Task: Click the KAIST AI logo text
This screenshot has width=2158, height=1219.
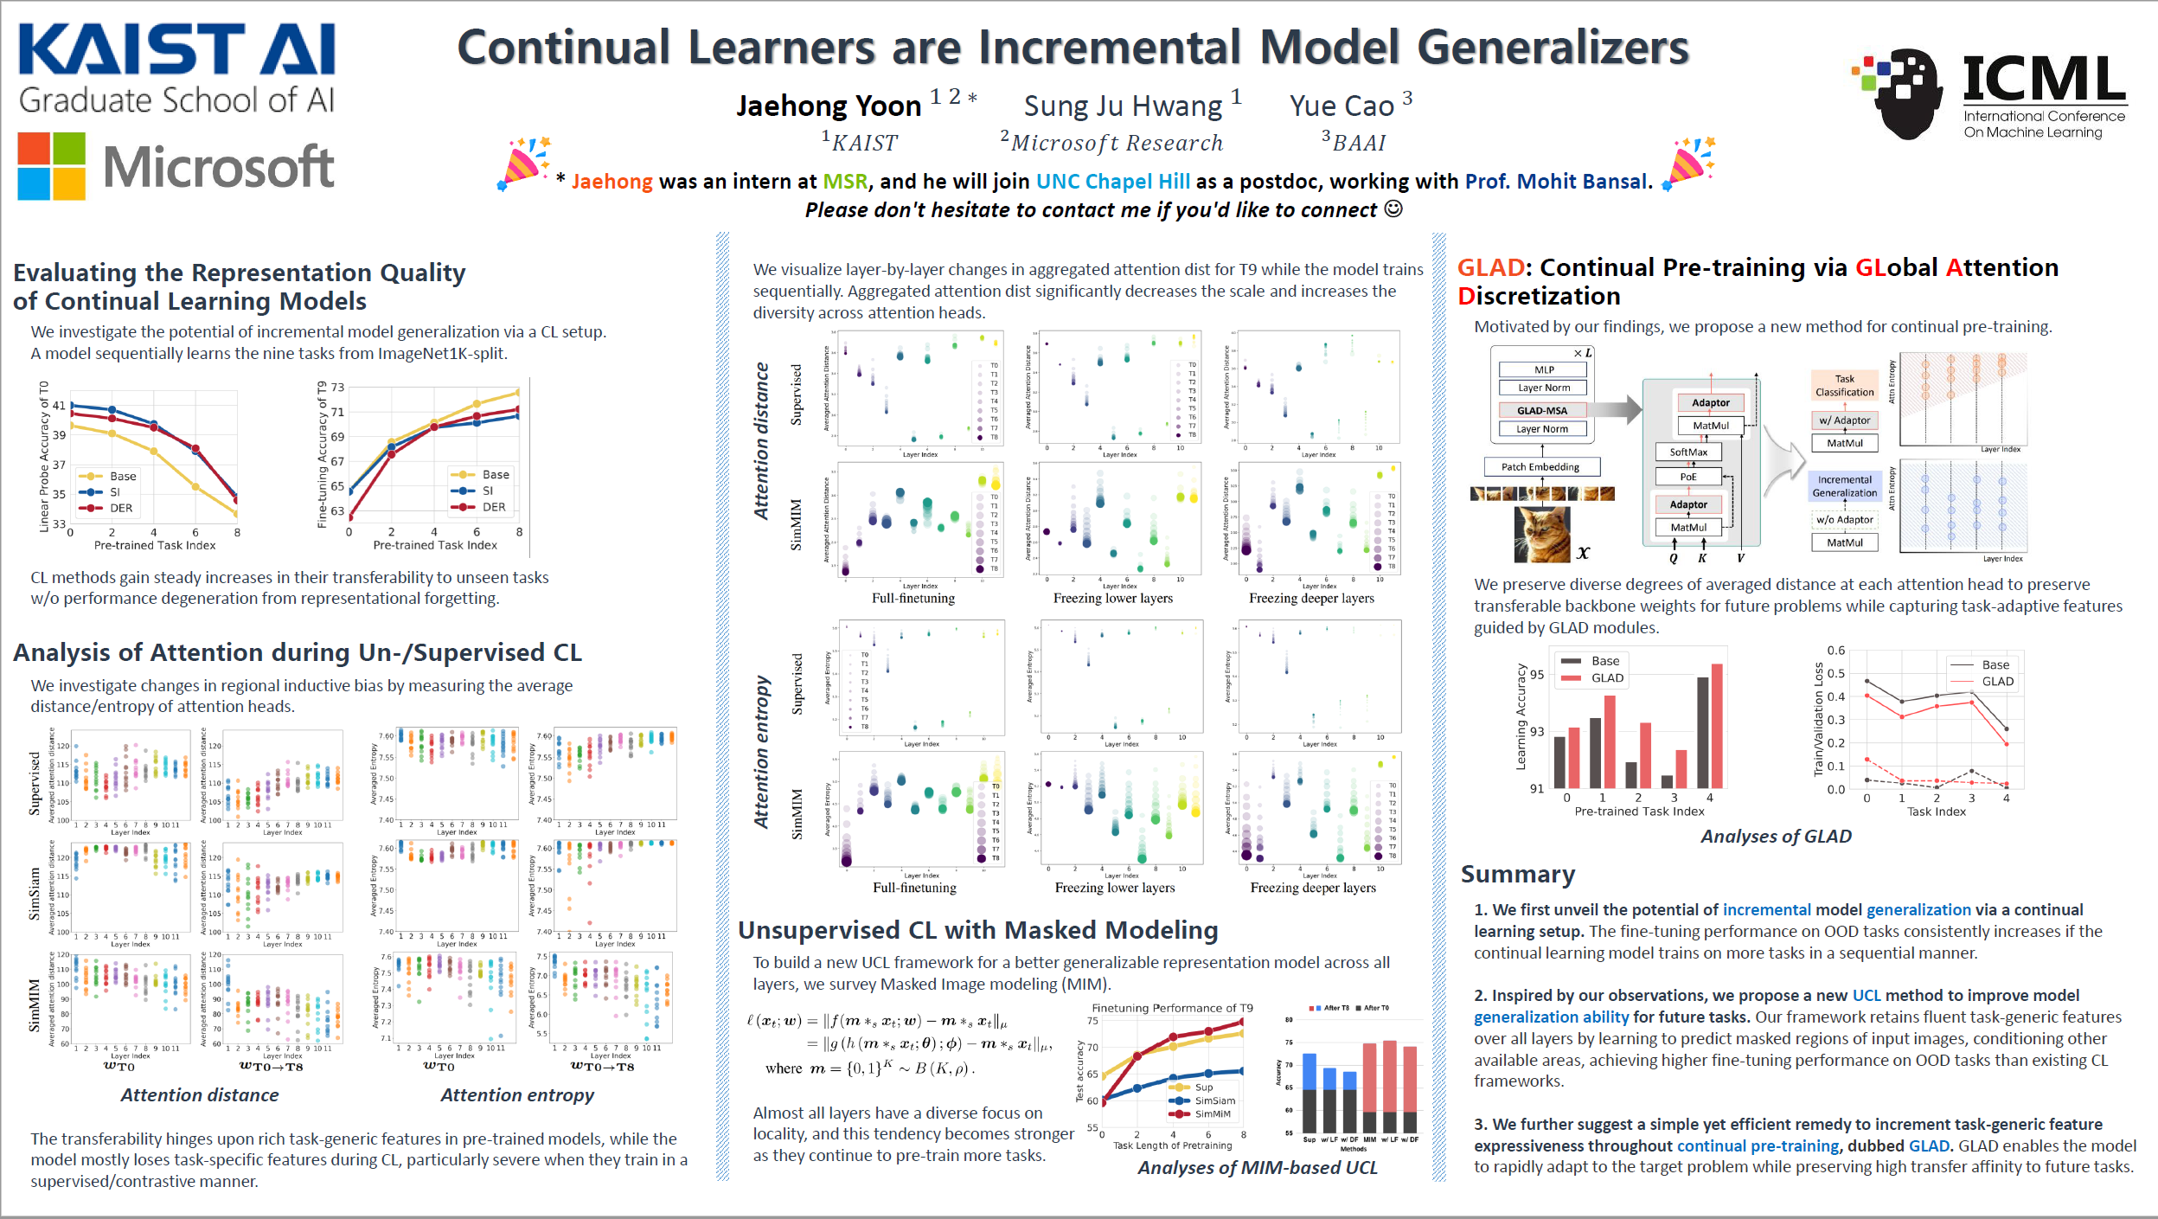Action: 176,50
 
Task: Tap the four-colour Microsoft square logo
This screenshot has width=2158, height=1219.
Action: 52,166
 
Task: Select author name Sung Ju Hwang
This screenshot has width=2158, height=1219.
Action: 1123,106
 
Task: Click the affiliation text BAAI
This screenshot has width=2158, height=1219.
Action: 1359,143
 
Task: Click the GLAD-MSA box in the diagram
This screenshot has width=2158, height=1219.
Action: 1542,410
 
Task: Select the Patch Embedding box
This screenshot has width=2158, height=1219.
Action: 1540,467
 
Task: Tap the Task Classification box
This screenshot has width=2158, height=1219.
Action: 1844,385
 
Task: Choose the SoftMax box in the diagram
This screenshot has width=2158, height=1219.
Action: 1688,452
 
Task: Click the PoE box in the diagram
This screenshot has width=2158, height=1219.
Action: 1688,477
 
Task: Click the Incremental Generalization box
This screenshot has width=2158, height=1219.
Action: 1844,486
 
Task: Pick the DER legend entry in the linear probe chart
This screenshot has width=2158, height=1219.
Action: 120,509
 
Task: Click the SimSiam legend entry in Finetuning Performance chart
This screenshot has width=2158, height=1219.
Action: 1214,1100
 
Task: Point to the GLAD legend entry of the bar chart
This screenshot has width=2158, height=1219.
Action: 1607,678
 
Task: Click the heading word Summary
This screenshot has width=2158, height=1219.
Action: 1518,874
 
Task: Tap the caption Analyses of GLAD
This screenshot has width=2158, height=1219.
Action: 1776,837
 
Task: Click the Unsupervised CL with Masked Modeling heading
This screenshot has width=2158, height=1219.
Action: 977,930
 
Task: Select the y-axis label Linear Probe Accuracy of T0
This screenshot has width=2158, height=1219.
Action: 44,456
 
